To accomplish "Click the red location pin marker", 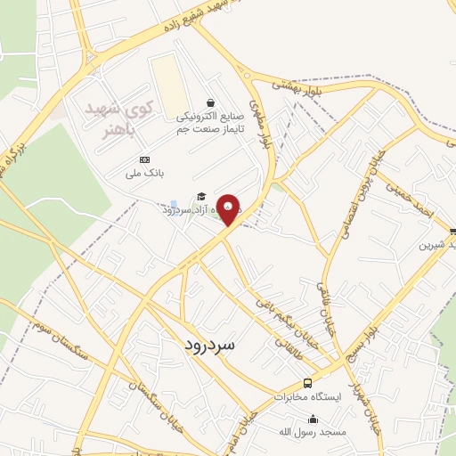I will tap(229, 208).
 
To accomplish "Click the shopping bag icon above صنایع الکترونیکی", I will tap(210, 102).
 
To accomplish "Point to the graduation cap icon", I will tap(201, 196).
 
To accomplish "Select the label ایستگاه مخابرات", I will tap(301, 393).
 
